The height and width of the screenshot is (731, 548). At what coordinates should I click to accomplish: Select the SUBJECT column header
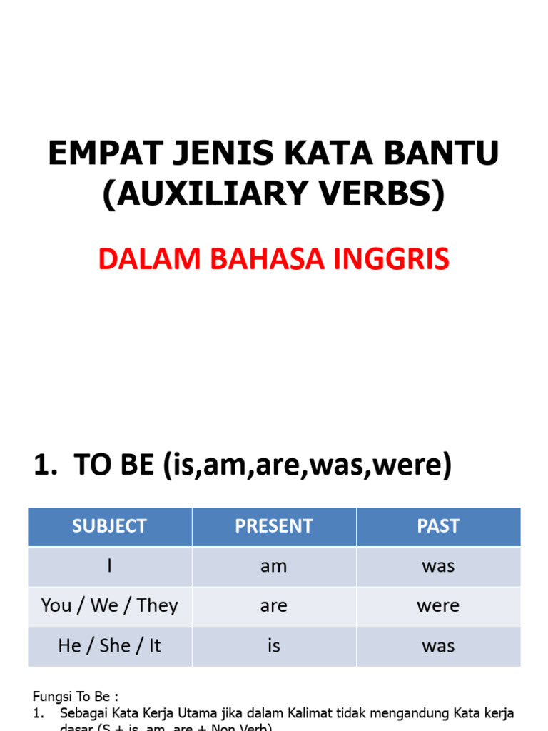109,526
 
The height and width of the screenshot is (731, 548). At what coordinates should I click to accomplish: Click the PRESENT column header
274,526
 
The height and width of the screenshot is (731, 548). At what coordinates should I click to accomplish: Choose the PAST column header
438,526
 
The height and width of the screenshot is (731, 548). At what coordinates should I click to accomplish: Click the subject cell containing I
109,566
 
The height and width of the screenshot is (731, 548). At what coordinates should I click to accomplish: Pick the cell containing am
274,566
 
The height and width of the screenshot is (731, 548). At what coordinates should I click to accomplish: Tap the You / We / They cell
109,606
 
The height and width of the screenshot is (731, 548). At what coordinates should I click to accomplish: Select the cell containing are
274,606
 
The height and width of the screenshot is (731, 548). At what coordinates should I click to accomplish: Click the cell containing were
438,606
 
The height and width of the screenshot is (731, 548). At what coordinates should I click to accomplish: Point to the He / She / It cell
109,646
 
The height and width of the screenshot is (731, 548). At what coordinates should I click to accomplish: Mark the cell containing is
274,646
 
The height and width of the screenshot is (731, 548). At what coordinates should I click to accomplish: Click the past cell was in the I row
438,566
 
